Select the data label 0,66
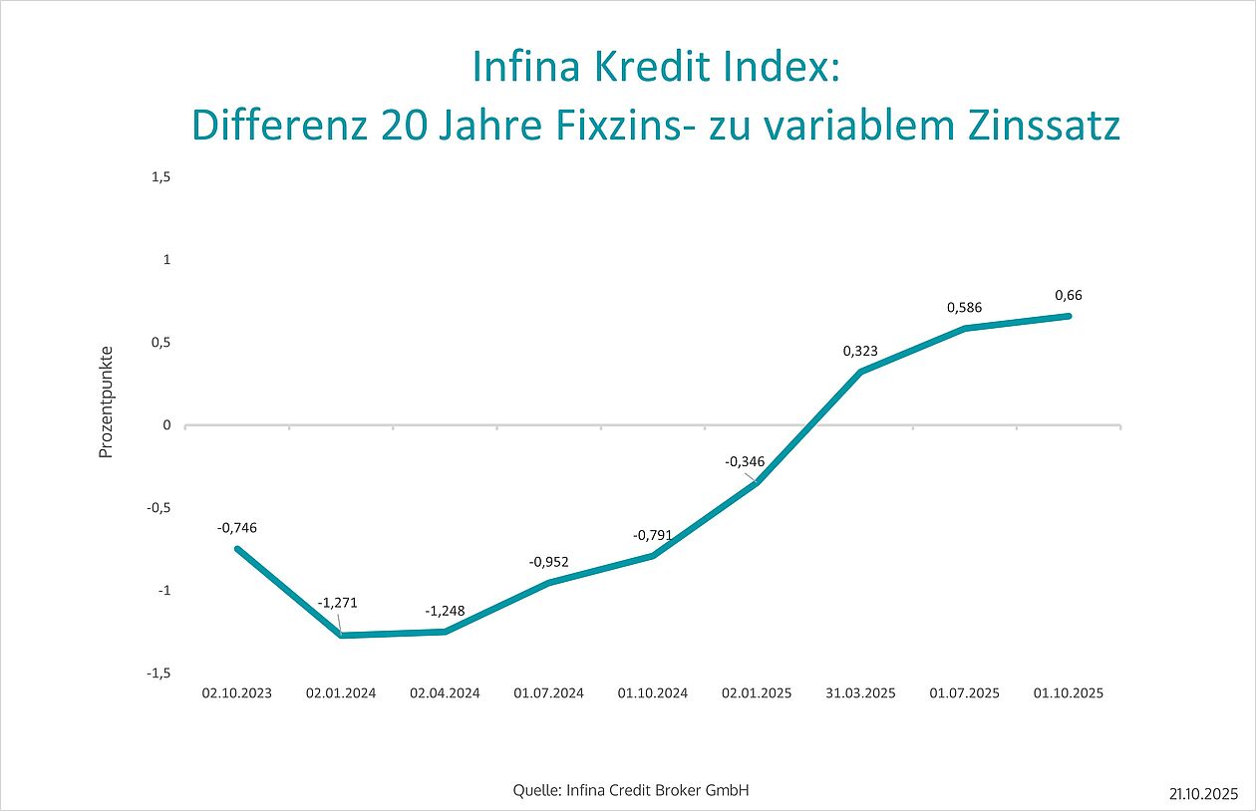(x=1068, y=295)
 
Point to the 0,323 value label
(x=859, y=351)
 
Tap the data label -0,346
(x=744, y=461)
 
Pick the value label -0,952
(x=549, y=562)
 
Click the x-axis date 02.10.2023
(x=236, y=692)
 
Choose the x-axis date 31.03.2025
(x=860, y=692)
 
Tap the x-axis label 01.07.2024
(x=548, y=692)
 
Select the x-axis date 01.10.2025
(x=1068, y=692)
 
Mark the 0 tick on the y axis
(x=167, y=425)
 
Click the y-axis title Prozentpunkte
(x=107, y=403)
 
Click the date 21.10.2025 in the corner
(x=1204, y=793)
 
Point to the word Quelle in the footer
(x=533, y=791)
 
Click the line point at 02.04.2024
(x=445, y=632)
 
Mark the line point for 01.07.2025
(x=964, y=329)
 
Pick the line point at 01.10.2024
(x=653, y=556)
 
